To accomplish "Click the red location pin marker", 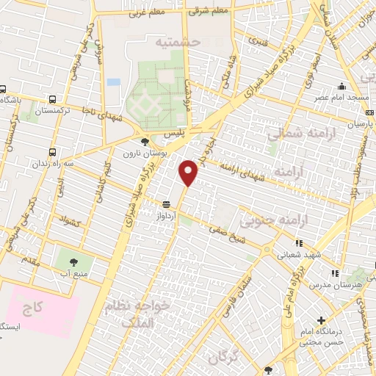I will pos(189,173).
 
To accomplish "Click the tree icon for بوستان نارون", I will pos(143,141).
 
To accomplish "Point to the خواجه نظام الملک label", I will pos(147,312).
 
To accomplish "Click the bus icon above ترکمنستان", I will pos(52,99).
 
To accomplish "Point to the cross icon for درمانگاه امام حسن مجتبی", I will pos(322,320).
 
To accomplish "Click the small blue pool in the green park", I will pos(113,82).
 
